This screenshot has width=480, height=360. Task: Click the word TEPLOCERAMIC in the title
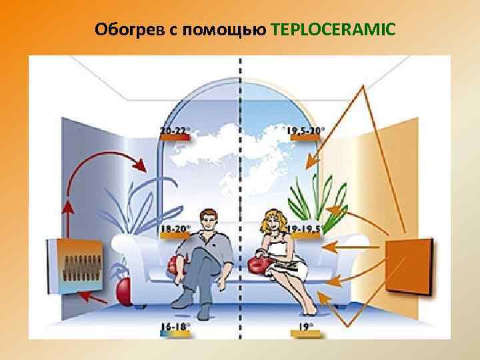[x=333, y=30]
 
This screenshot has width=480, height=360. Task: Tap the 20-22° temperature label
[x=175, y=131]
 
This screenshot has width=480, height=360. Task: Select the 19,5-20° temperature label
[x=306, y=131]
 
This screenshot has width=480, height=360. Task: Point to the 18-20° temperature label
[x=175, y=228]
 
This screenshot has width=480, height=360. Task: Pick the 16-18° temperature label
[x=175, y=326]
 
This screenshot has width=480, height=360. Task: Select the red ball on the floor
[x=124, y=289]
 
